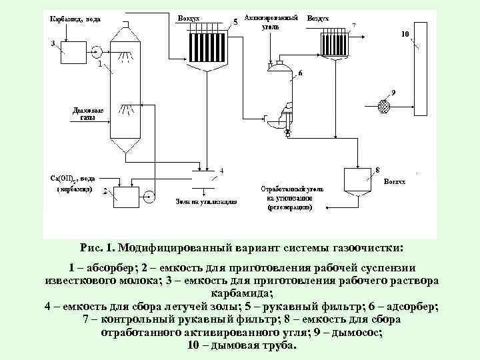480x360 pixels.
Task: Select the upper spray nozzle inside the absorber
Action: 125,57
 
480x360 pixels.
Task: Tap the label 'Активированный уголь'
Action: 271,21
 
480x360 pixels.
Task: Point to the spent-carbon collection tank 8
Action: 357,179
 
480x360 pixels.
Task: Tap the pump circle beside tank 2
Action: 149,195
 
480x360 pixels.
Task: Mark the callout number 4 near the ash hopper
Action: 221,170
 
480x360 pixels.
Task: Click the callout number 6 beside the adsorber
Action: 299,73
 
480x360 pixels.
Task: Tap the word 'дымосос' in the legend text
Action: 359,335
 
